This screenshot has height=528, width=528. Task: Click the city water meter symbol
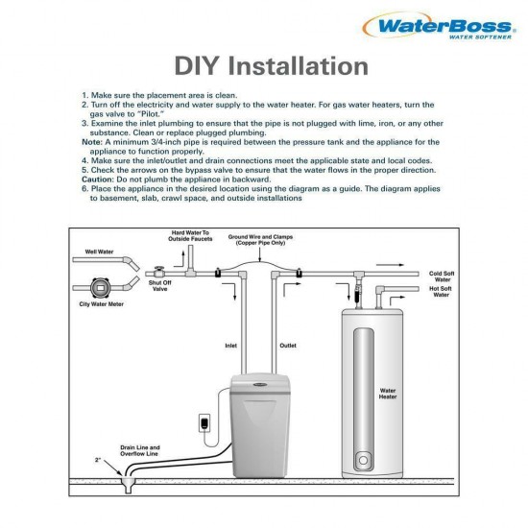(x=100, y=287)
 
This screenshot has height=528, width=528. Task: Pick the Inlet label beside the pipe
(x=230, y=345)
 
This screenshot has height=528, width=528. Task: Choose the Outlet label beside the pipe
(x=288, y=345)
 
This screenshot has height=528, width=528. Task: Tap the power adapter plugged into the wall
(x=202, y=422)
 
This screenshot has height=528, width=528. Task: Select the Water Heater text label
(x=388, y=394)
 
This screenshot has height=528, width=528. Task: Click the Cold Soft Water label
(x=442, y=276)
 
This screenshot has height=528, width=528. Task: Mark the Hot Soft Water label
(x=442, y=292)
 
